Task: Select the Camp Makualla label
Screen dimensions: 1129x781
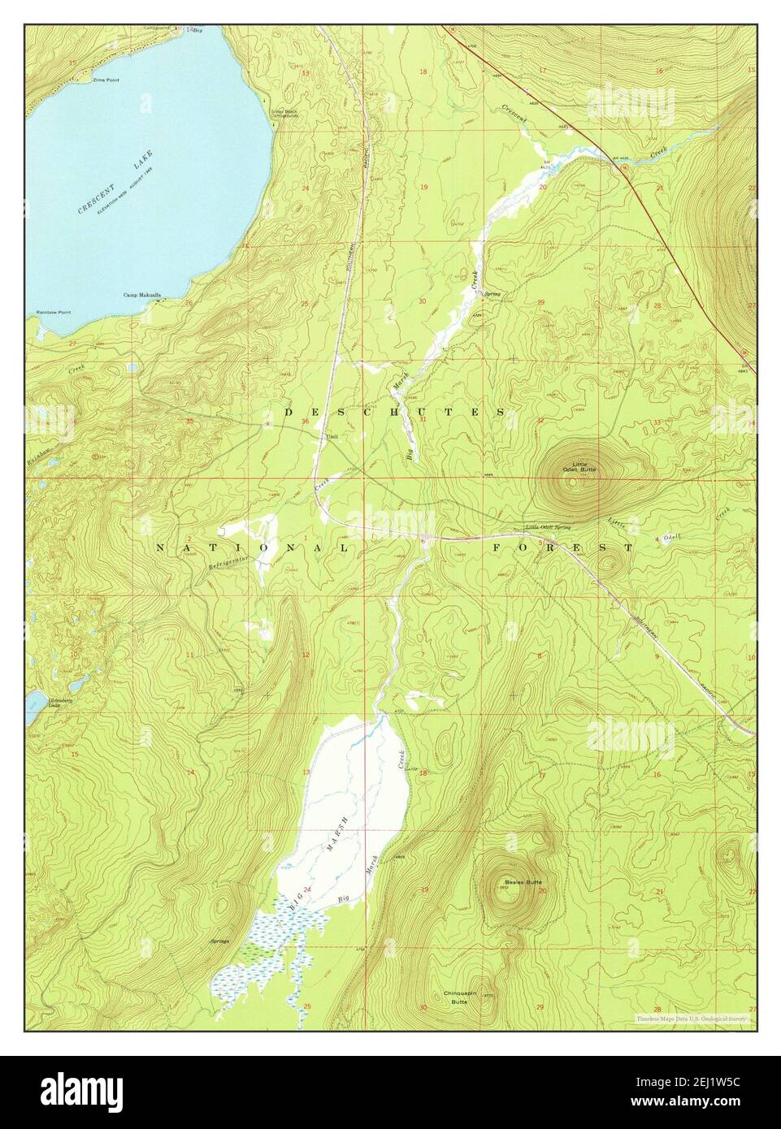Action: (x=142, y=296)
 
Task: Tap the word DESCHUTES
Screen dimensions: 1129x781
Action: (x=395, y=413)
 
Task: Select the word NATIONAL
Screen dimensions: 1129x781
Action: (x=252, y=548)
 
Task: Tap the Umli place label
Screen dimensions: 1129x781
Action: (x=331, y=436)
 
